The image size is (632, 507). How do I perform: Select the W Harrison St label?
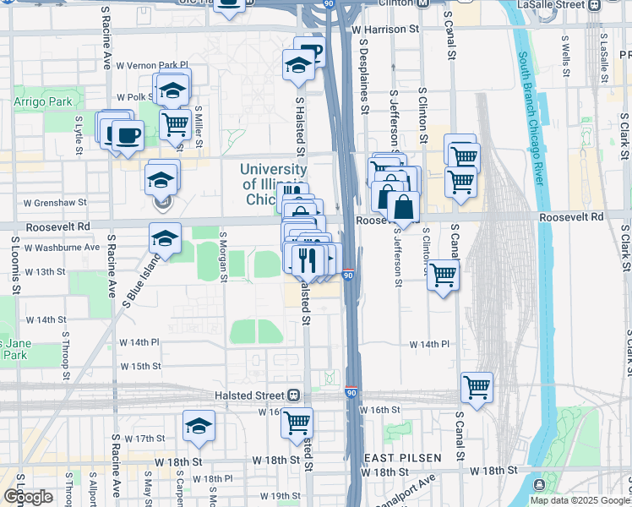[389, 29]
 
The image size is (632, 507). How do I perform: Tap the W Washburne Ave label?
[62, 248]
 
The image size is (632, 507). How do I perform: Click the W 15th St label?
[140, 366]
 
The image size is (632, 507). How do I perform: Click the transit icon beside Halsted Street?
[294, 395]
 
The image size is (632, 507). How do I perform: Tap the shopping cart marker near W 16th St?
[297, 422]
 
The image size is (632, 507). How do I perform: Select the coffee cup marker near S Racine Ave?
[128, 135]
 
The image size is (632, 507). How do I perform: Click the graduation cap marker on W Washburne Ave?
[166, 238]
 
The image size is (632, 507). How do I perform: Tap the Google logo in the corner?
[29, 497]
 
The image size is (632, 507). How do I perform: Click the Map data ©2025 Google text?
[580, 500]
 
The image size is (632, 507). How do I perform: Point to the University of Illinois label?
[272, 184]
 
